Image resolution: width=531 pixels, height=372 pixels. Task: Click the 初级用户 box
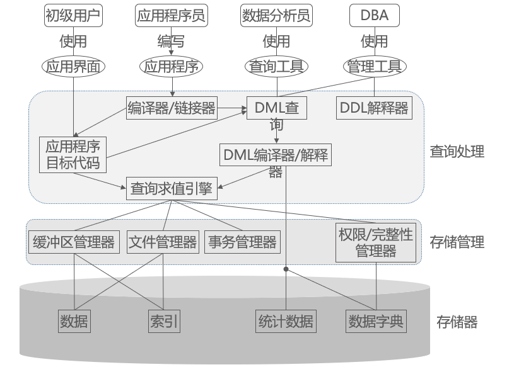pos(73,16)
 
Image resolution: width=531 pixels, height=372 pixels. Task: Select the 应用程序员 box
pos(172,16)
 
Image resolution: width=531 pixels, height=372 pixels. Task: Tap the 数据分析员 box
pos(276,16)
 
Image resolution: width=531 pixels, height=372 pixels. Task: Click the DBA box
pos(374,16)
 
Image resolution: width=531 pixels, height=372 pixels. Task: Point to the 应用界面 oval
pos(73,66)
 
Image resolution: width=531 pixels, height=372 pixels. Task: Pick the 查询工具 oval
pos(276,66)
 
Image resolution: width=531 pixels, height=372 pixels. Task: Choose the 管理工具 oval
pos(375,66)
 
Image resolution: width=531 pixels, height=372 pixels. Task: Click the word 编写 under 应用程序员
pos(171,42)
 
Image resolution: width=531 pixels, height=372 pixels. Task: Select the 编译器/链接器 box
pos(172,108)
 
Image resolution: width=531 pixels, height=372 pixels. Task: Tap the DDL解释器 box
pos(374,108)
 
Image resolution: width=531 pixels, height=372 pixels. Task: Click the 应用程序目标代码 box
pos(73,155)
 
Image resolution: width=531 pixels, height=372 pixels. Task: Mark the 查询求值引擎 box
pos(171,188)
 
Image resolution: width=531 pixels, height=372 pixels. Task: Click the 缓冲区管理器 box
pos(74,242)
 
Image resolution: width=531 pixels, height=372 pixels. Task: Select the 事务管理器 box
pos(242,242)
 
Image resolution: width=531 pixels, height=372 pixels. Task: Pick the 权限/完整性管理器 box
pos(376,243)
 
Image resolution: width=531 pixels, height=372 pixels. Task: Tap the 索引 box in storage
pos(164,322)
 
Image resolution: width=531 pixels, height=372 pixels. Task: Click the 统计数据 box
pos(286,322)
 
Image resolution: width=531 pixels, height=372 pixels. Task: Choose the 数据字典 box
pos(376,322)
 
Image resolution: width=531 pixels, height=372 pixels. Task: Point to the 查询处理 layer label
pos(457,152)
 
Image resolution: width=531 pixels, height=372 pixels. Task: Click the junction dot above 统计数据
pos(286,269)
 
